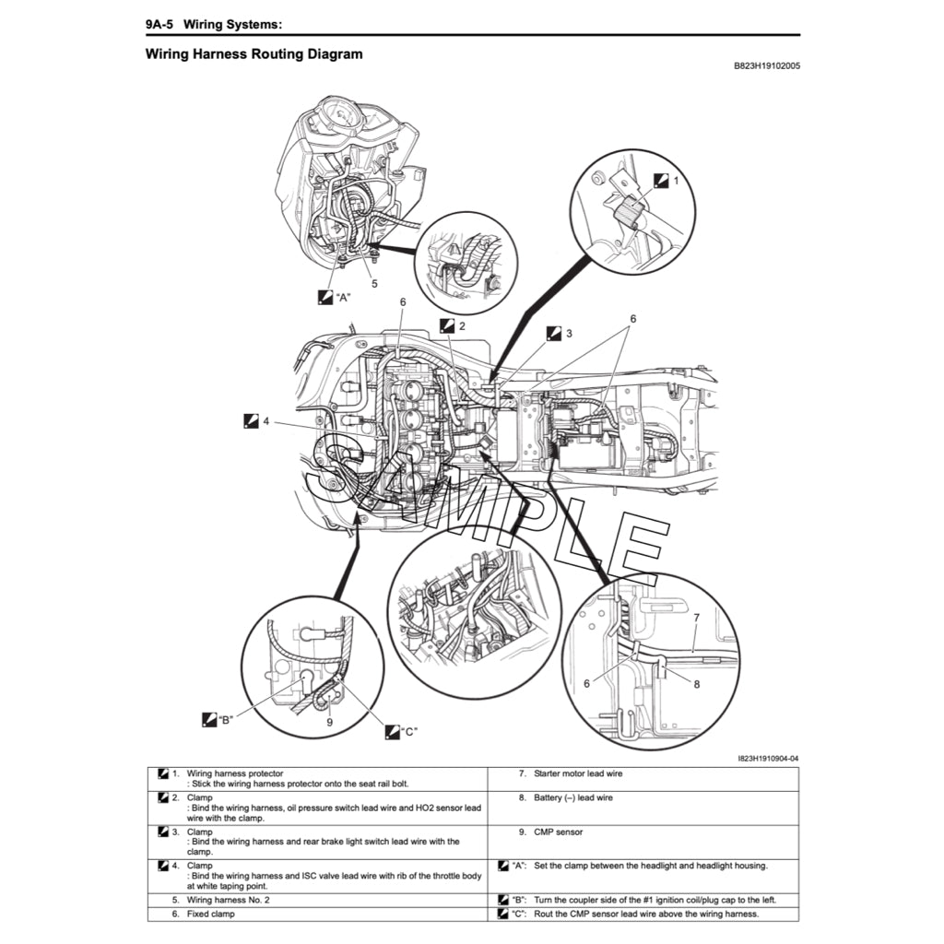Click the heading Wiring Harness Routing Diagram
[254, 54]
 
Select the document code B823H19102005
[766, 66]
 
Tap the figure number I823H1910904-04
[768, 759]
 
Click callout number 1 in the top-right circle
[676, 182]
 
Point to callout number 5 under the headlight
[374, 284]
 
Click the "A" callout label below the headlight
[343, 298]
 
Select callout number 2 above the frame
[462, 325]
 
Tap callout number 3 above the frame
[569, 333]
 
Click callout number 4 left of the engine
[265, 420]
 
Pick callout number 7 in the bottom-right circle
[697, 618]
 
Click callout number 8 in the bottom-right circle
[697, 684]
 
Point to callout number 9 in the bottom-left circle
[329, 723]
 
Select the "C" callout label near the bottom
[409, 732]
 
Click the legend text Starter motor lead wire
[577, 773]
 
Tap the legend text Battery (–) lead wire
[572, 797]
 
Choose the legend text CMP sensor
[558, 832]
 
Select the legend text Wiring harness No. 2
[229, 899]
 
